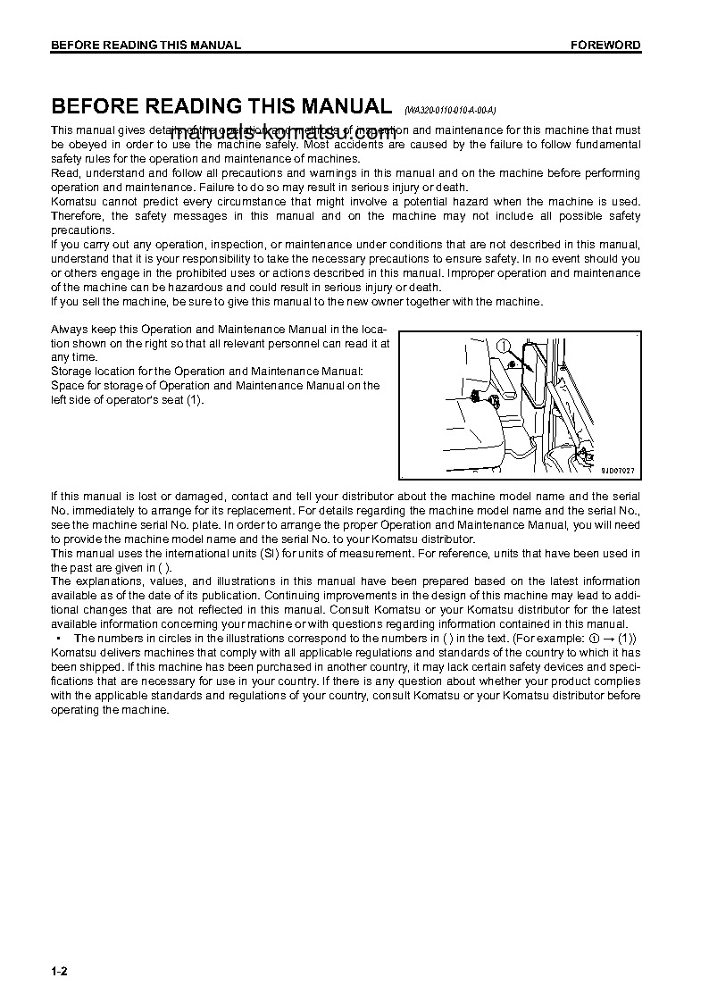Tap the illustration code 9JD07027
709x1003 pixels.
pyautogui.click(x=618, y=470)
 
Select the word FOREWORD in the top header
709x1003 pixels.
pyautogui.click(x=606, y=46)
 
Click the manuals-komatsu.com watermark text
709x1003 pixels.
pyautogui.click(x=282, y=137)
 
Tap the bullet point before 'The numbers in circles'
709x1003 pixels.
pyautogui.click(x=58, y=639)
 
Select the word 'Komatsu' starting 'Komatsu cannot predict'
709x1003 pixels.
pyautogui.click(x=72, y=202)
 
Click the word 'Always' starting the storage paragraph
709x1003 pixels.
pyautogui.click(x=69, y=330)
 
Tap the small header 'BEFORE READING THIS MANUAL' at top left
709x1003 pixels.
pyautogui.click(x=146, y=46)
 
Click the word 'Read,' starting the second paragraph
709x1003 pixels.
pyautogui.click(x=65, y=173)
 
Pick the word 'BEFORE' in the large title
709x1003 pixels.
pyautogui.click(x=94, y=106)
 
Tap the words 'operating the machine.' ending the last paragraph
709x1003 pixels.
pyautogui.click(x=110, y=710)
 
